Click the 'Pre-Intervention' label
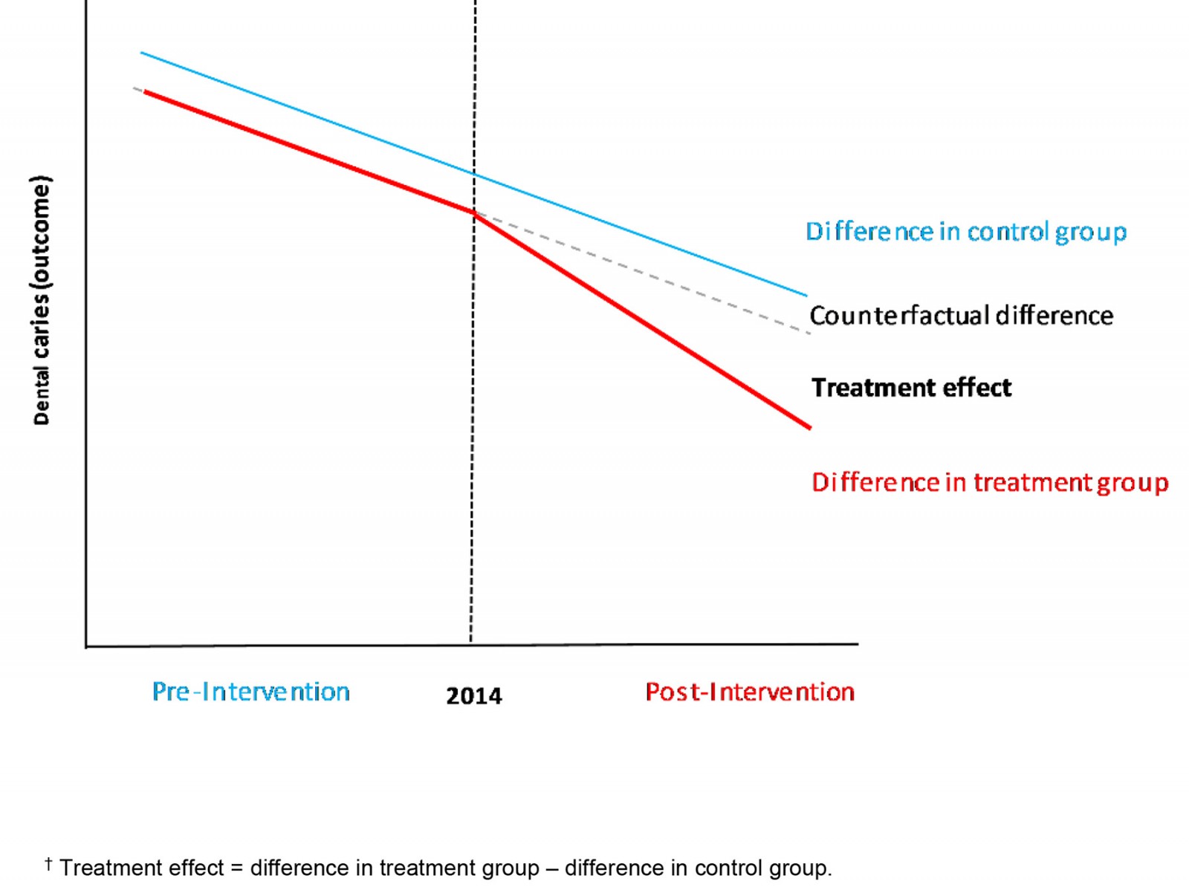(250, 692)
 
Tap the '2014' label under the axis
(473, 696)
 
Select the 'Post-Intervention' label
(749, 692)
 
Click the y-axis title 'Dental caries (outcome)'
(42, 300)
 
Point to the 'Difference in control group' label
(966, 232)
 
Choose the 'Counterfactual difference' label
(961, 316)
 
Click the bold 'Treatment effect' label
(911, 388)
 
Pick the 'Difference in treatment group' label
(990, 483)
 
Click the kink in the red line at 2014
(474, 213)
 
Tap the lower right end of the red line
(809, 427)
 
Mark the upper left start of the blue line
(142, 53)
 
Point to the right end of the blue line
(806, 296)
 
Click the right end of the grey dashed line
(809, 333)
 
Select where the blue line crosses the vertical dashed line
(474, 174)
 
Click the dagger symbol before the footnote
(48, 863)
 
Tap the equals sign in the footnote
(236, 868)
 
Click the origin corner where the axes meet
(87, 646)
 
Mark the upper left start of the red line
(145, 91)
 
